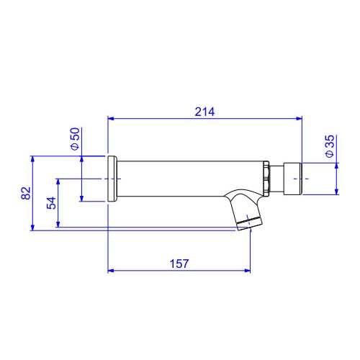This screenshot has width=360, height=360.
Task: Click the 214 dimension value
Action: [204, 112]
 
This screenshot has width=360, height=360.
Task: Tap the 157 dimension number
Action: [179, 264]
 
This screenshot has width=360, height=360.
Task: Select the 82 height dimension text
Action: [26, 193]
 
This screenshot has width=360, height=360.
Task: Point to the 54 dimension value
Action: [51, 203]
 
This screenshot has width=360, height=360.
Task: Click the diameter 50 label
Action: [75, 139]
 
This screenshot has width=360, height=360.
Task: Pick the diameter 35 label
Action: [330, 146]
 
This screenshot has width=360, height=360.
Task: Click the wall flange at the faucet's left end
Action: [112, 179]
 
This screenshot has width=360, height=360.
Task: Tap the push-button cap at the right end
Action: [292, 179]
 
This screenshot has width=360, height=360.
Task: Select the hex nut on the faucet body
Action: [266, 179]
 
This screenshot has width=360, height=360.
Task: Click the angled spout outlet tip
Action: [249, 224]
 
